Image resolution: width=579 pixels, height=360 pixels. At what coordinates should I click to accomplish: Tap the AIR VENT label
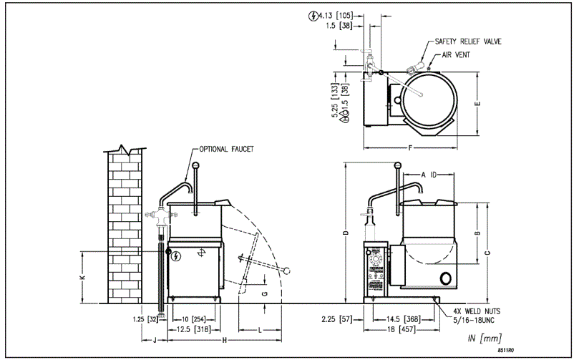(455, 54)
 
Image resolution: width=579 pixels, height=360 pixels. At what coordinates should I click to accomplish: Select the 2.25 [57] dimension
(337, 318)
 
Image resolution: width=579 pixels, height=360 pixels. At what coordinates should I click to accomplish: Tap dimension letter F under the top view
(409, 150)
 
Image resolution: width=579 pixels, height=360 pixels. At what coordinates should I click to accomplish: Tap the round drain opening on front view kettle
(445, 278)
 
